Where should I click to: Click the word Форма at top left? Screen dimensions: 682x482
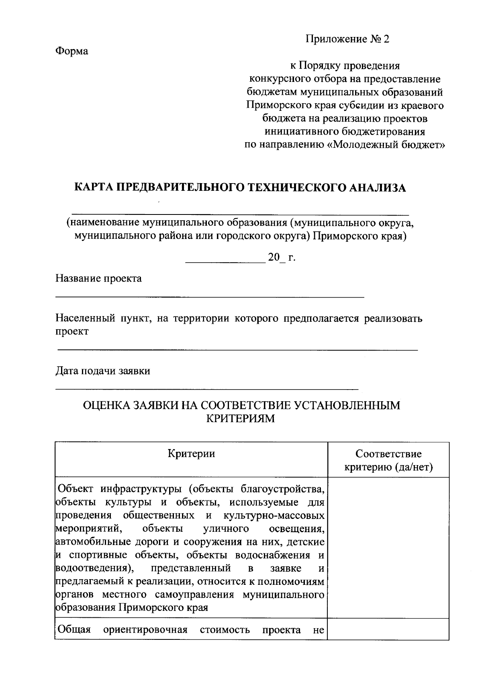pyautogui.click(x=71, y=51)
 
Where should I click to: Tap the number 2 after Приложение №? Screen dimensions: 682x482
pyautogui.click(x=386, y=39)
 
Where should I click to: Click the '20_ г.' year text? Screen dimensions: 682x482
pyautogui.click(x=282, y=257)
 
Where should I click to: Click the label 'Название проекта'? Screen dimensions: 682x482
pyautogui.click(x=98, y=278)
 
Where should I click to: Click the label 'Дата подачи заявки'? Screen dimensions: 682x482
pyautogui.click(x=102, y=371)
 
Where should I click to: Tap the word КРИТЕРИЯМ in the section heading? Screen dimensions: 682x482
pyautogui.click(x=240, y=419)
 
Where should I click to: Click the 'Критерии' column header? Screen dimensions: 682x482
pyautogui.click(x=191, y=454)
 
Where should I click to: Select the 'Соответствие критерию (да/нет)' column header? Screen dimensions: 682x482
pyautogui.click(x=388, y=460)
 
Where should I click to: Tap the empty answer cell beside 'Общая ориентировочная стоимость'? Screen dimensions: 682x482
pyautogui.click(x=388, y=629)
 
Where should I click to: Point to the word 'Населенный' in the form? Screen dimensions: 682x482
pyautogui.click(x=84, y=319)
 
